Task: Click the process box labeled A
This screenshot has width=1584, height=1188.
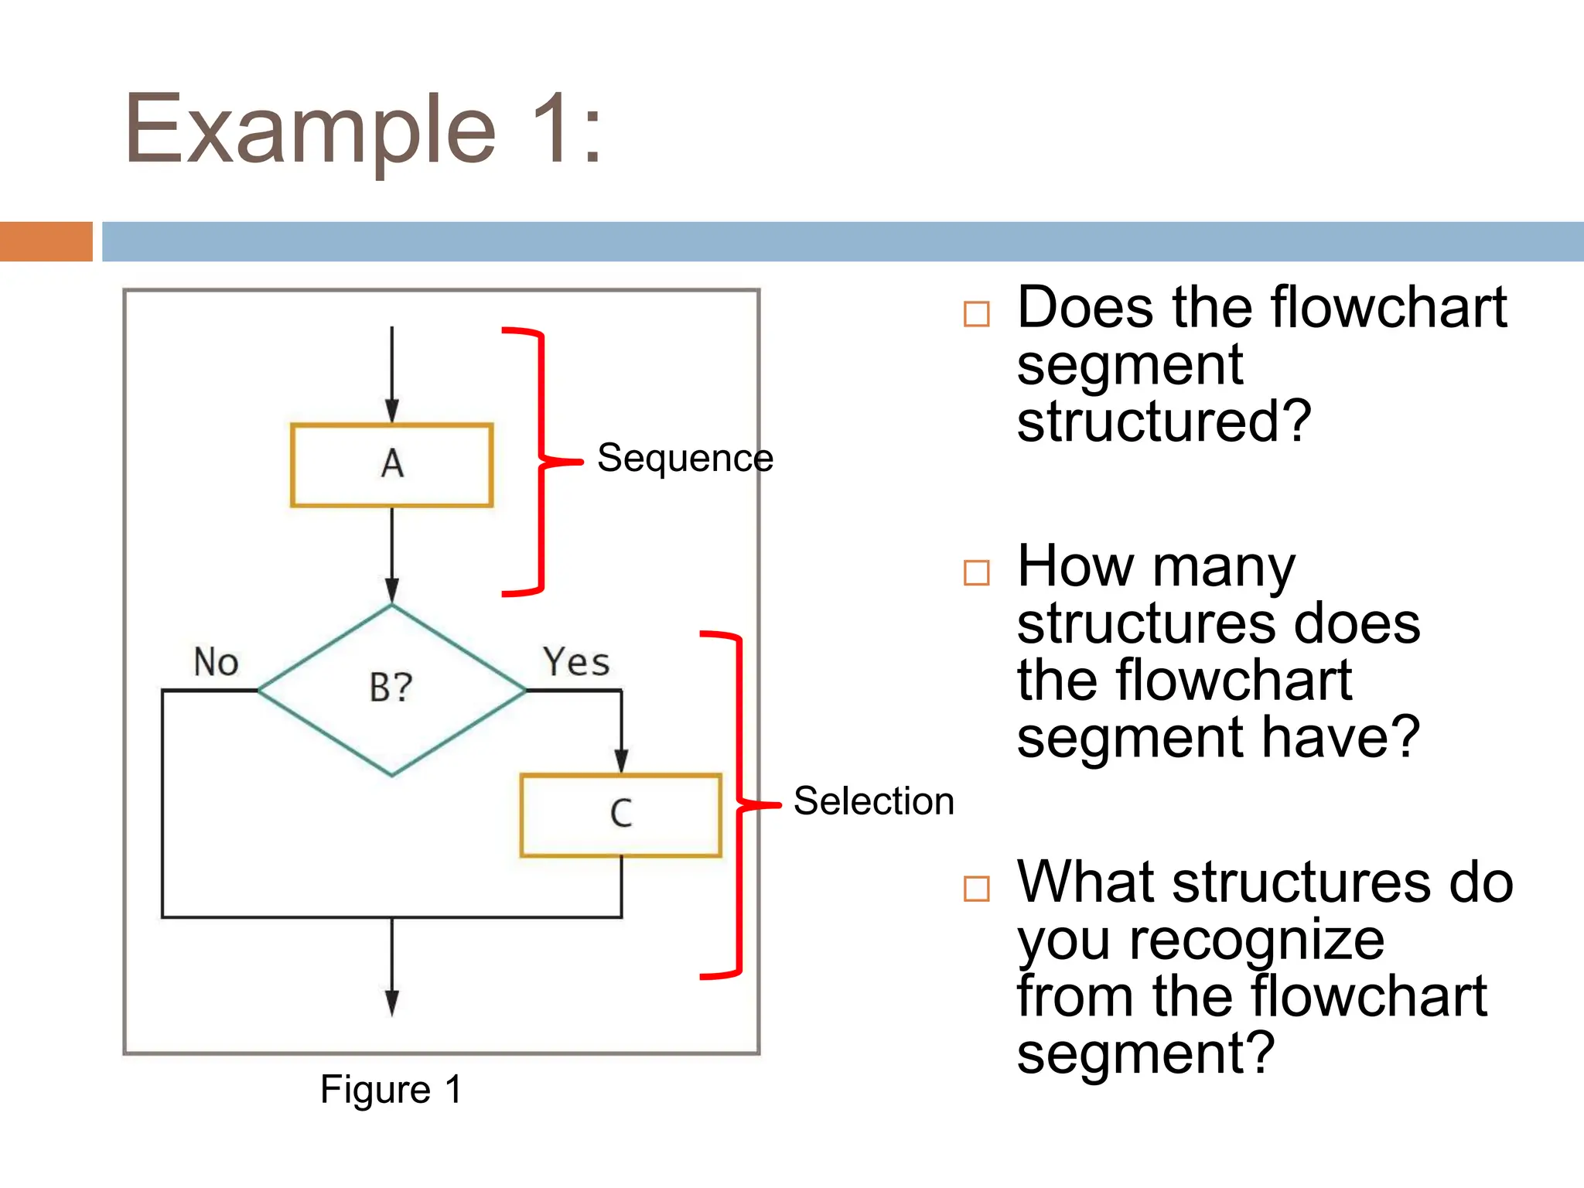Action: [391, 465]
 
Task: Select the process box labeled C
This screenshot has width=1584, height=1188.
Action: [621, 815]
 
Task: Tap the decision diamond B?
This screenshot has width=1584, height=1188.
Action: [391, 689]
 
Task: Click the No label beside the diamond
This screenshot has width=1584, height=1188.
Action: [216, 663]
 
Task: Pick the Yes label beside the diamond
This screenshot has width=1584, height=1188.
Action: [576, 662]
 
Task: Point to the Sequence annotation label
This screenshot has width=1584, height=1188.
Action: [684, 458]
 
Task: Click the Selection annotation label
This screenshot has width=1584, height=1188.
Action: [873, 801]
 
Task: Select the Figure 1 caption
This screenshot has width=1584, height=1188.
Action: [391, 1090]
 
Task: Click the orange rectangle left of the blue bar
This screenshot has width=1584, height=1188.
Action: [46, 241]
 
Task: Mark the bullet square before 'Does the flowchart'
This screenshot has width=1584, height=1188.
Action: [977, 314]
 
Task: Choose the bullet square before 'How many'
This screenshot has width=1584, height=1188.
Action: [977, 573]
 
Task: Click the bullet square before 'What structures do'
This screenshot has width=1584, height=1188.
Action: [977, 889]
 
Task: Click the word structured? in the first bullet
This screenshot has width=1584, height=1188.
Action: [1163, 422]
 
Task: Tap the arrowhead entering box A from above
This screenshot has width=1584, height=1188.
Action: [392, 411]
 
